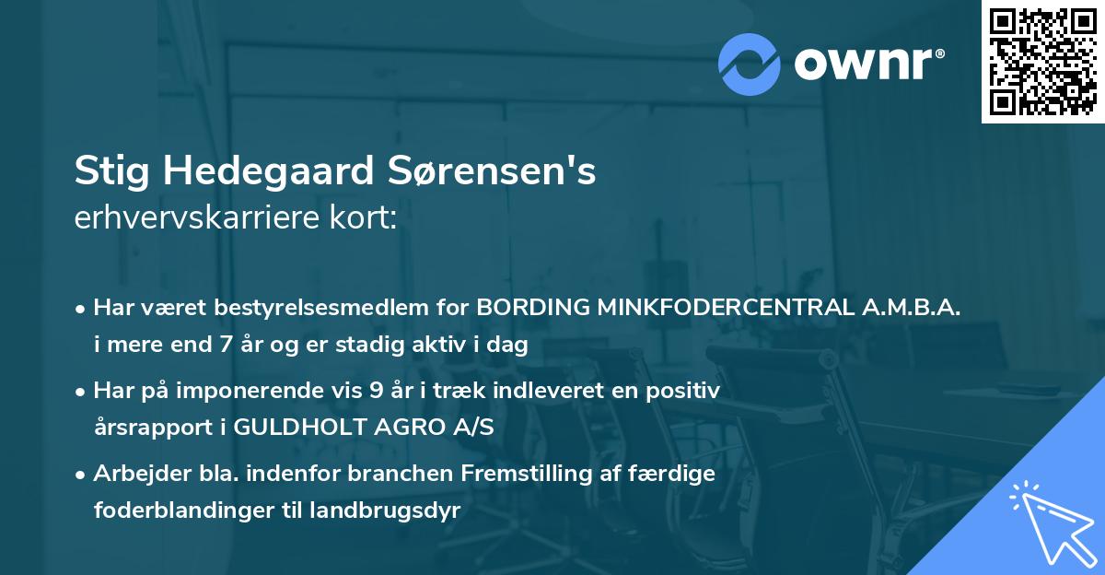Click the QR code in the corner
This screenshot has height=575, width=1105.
click(x=1042, y=62)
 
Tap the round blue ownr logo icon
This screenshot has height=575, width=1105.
click(x=750, y=64)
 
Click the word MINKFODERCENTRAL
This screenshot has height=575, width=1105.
click(x=726, y=309)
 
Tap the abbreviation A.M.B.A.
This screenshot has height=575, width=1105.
click(x=911, y=309)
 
